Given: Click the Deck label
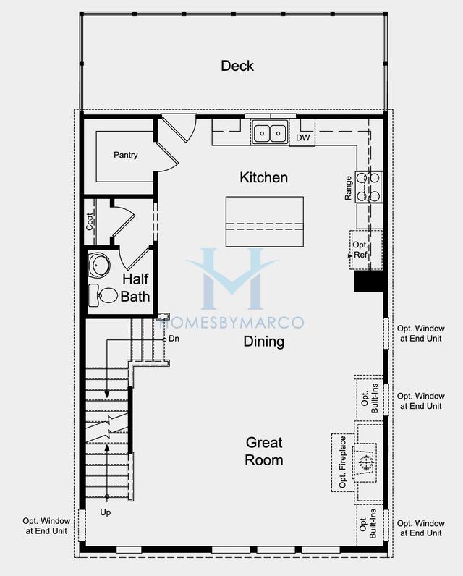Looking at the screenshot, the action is point(237,66).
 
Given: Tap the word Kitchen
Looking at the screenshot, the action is point(263,177).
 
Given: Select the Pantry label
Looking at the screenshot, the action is point(126,155).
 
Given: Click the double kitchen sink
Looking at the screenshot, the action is point(271,132).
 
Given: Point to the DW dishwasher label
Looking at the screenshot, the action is point(303,137).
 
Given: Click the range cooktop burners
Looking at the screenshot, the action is point(369,187).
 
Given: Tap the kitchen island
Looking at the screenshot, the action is point(264,221).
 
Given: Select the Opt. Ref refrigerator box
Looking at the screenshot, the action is point(366,250).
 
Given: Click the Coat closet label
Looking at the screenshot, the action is point(90,221).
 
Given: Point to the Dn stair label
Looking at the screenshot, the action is point(174,339).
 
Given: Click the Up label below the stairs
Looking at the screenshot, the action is point(106,512).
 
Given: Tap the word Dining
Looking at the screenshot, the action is point(263,342).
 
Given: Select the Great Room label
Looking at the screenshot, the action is point(264,452).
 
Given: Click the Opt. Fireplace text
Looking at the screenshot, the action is point(343,462).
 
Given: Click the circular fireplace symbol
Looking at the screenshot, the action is point(365,462).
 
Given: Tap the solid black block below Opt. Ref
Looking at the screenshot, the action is point(369,281).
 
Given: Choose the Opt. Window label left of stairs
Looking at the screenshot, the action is point(46,525).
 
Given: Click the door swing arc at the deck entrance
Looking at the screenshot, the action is point(192,130).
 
